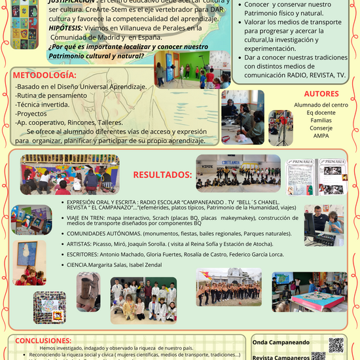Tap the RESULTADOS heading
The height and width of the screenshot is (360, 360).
pyautogui.click(x=162, y=175)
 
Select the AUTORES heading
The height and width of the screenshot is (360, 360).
pyautogui.click(x=321, y=94)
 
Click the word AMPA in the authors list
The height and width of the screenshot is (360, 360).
pyautogui.click(x=321, y=136)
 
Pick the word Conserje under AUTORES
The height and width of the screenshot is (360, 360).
pyautogui.click(x=321, y=128)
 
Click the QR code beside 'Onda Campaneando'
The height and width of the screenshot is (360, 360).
pyautogui.click(x=336, y=344)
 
